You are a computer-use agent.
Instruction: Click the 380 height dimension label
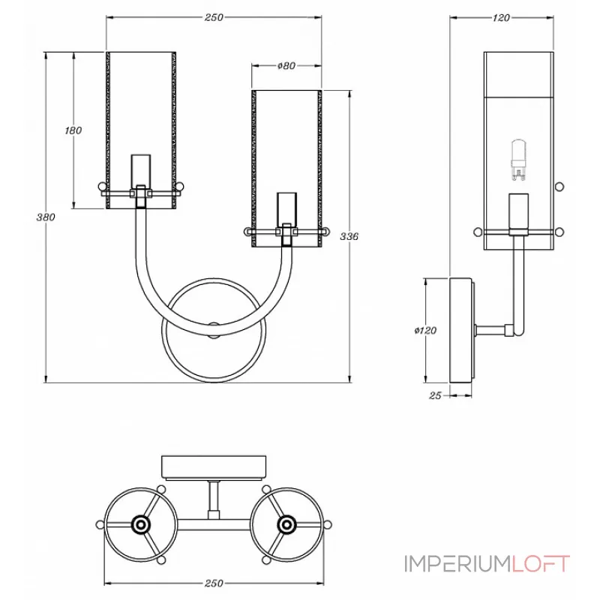(x=46, y=217)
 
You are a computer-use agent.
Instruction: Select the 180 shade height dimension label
(x=73, y=130)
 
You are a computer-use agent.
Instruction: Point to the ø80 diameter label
(x=286, y=66)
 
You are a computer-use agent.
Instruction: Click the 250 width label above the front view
(x=214, y=18)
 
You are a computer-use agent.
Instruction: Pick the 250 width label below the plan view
(x=214, y=583)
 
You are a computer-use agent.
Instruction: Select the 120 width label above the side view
(x=502, y=18)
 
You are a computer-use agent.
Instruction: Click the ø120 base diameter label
(x=425, y=330)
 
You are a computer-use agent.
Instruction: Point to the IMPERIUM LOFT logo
(x=487, y=563)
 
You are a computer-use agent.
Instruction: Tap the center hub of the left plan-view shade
(x=140, y=523)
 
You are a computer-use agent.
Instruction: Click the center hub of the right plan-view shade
(x=286, y=523)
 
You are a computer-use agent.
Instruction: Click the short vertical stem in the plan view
(x=214, y=498)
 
